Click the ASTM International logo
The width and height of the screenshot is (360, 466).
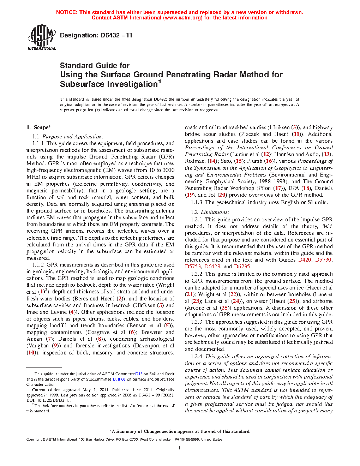(42, 37)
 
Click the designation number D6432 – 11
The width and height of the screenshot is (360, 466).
(96, 35)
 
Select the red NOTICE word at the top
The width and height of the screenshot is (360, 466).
(67, 12)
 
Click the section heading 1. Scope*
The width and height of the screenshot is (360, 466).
(39, 127)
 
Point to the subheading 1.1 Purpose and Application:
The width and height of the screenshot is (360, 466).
(68, 137)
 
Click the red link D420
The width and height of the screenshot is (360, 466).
(305, 260)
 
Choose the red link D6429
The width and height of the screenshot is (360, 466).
(212, 267)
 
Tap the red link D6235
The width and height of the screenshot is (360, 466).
(242, 267)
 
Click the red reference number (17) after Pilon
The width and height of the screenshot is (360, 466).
(278, 188)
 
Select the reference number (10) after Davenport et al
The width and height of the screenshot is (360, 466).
(31, 353)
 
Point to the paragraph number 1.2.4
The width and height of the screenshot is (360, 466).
(197, 357)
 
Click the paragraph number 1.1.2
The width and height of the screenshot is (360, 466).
(38, 265)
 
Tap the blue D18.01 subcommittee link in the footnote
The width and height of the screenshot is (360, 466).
(119, 379)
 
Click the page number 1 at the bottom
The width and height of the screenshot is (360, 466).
(180, 448)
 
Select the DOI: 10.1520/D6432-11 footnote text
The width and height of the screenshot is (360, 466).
(49, 400)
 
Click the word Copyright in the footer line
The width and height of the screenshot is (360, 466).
(34, 440)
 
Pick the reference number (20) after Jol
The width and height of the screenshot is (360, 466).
(222, 195)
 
